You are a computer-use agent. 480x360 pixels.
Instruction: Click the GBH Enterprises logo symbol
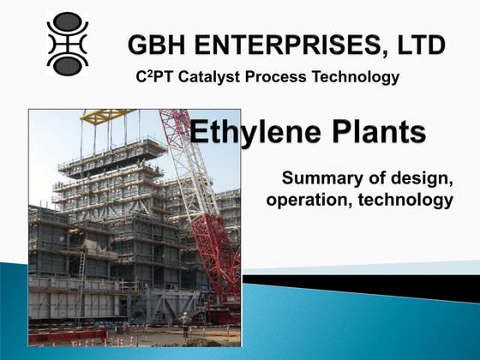pos(67,44)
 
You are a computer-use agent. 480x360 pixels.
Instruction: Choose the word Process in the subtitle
pos(275,78)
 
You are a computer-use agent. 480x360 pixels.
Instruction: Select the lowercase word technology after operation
pos(405,201)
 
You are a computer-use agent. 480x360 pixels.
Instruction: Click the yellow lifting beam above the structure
pos(107,115)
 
